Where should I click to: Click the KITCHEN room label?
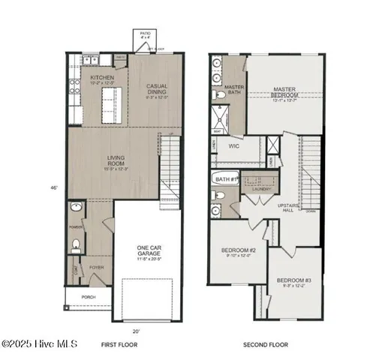[101, 77]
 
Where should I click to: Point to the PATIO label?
[145, 34]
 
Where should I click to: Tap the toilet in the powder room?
[76, 244]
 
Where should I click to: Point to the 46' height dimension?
[53, 187]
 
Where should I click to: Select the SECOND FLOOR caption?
[265, 345]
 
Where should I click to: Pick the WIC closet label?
[233, 147]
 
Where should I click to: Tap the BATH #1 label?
[225, 179]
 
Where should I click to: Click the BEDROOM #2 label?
[239, 253]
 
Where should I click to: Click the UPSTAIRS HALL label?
[289, 207]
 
